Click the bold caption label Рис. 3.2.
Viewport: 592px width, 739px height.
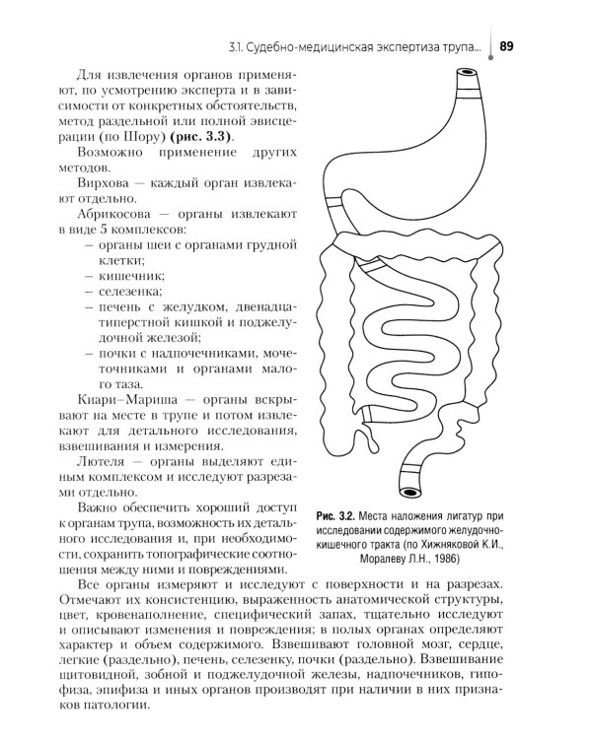click(x=335, y=515)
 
